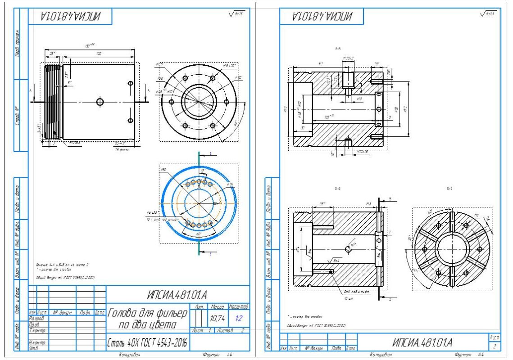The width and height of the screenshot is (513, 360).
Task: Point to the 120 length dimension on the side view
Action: [x=99, y=54]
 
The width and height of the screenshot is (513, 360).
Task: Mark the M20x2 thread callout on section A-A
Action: [x=348, y=58]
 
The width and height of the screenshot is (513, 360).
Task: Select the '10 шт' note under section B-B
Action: [x=348, y=298]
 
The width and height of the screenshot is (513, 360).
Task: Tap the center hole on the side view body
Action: [x=100, y=102]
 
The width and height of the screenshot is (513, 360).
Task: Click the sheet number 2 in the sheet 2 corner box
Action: [x=494, y=346]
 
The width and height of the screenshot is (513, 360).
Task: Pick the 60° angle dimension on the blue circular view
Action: [x=199, y=234]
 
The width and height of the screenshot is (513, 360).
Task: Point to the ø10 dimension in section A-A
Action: [x=359, y=98]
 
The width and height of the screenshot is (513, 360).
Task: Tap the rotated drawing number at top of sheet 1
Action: [x=70, y=17]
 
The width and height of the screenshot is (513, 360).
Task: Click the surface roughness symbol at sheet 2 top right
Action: [x=488, y=14]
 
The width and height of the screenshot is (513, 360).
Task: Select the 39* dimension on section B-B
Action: [x=322, y=204]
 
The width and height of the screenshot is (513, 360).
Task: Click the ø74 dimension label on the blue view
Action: [x=230, y=184]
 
